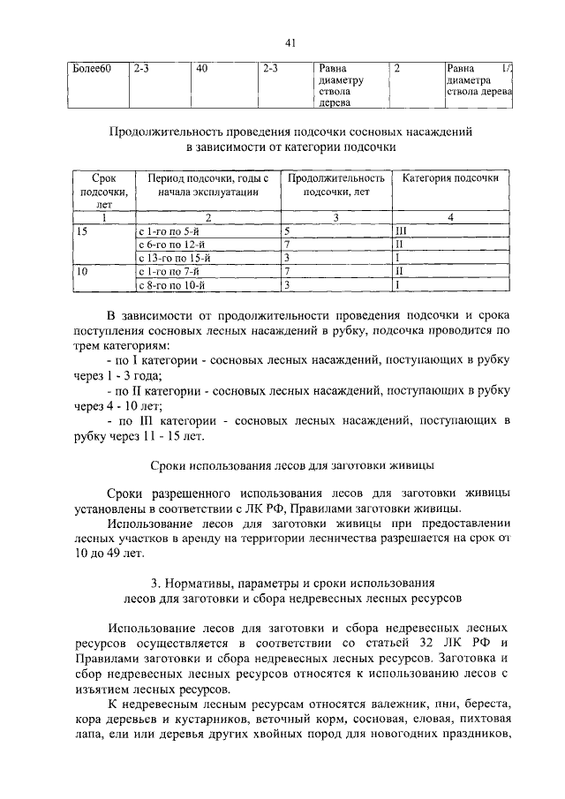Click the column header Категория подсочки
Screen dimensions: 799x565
450,177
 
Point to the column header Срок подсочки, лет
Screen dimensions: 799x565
104,191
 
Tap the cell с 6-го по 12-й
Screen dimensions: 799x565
173,244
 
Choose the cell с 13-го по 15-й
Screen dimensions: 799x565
176,258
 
